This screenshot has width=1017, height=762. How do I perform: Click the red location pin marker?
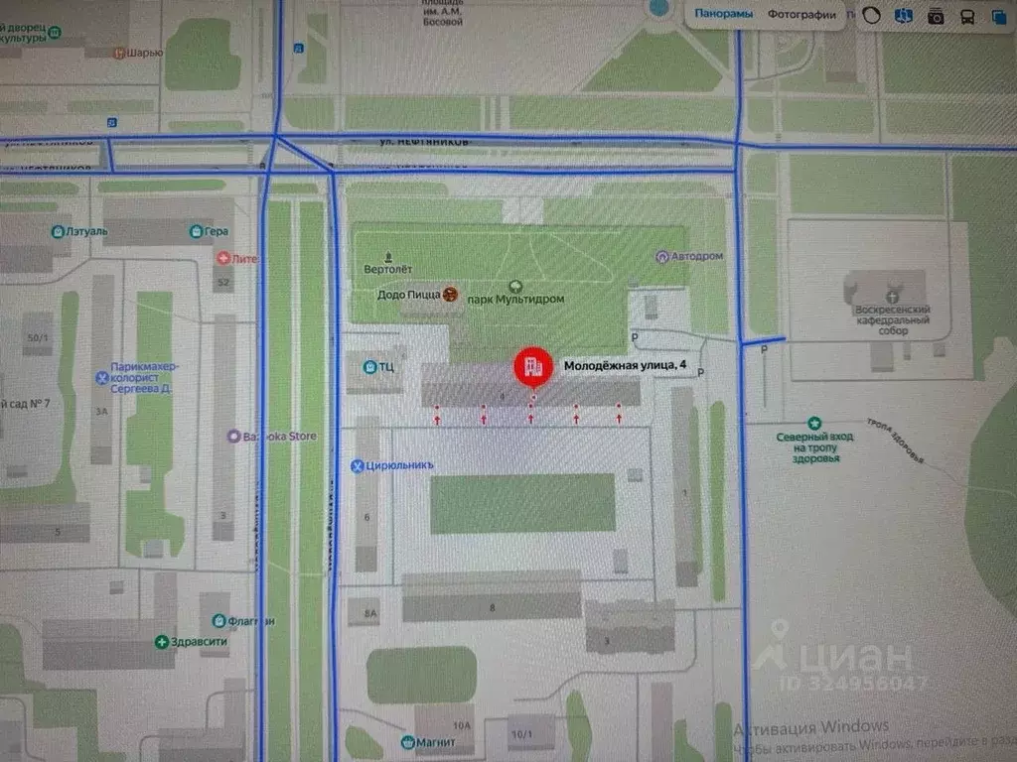(x=533, y=367)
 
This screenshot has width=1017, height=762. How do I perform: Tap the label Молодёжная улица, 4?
(x=625, y=365)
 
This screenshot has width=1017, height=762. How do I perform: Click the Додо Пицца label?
(x=409, y=295)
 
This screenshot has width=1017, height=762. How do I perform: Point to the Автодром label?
(x=696, y=256)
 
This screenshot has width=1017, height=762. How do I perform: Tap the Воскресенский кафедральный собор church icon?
(x=892, y=296)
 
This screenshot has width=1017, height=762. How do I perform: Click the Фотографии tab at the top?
(x=800, y=14)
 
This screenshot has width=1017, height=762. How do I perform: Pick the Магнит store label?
(x=430, y=742)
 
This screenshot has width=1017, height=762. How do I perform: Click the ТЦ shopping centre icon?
(x=369, y=367)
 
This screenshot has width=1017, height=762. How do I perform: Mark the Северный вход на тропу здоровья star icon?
(x=815, y=423)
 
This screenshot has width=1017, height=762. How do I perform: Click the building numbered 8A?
(x=370, y=614)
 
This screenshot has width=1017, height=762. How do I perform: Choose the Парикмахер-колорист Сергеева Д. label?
(x=143, y=377)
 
